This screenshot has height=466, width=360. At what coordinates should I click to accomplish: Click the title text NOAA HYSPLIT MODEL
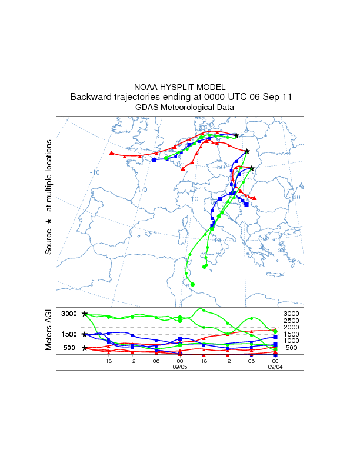[180, 86]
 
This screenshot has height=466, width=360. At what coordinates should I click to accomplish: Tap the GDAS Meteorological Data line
[180, 108]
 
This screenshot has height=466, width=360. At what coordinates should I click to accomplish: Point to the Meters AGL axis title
[49, 329]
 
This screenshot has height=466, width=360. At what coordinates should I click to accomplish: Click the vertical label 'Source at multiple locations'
[49, 197]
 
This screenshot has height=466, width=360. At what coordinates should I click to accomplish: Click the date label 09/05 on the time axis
[179, 366]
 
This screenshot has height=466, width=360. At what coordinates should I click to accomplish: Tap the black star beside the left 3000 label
[85, 314]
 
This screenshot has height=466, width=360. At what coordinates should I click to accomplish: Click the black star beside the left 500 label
[85, 348]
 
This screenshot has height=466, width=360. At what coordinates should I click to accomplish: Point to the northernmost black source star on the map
[236, 135]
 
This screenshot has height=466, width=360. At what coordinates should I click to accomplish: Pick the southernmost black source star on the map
[252, 168]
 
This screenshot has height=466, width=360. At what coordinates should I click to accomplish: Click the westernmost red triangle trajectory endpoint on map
[111, 153]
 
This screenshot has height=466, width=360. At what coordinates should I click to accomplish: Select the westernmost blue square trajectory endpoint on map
[154, 159]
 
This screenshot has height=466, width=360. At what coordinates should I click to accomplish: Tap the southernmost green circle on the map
[192, 285]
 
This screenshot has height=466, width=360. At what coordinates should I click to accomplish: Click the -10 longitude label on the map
[94, 172]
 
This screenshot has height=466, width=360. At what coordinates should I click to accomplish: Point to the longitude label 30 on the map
[296, 197]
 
